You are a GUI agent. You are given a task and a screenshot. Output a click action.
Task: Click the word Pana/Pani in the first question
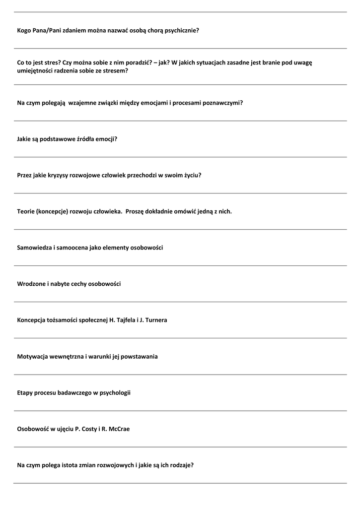tap(46, 30)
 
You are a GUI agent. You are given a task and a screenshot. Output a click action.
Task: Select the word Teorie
tap(26, 211)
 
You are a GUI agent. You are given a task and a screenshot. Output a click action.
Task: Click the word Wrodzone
tap(31, 284)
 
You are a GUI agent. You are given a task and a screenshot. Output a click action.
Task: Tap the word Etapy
tap(25, 392)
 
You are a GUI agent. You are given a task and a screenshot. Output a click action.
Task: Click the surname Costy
tap(88, 429)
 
